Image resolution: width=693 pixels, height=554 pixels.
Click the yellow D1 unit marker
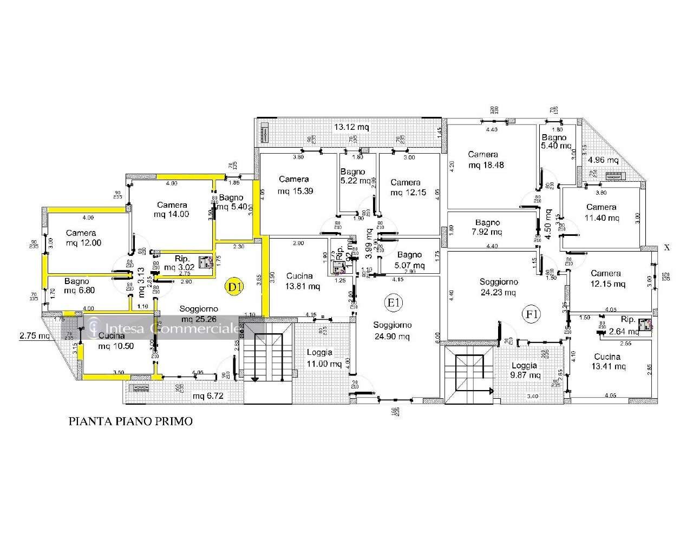234,287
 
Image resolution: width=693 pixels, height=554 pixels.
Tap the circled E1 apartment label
393,302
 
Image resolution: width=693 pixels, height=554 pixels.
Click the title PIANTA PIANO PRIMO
130,421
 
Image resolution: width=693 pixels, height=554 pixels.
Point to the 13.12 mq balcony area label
351,127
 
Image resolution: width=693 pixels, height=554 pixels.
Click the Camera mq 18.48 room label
486,160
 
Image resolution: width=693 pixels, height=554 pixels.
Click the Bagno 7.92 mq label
487,227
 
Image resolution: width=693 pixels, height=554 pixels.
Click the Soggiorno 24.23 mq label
498,287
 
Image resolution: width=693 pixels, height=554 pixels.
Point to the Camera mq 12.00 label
84,238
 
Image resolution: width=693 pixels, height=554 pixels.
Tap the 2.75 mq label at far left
34,335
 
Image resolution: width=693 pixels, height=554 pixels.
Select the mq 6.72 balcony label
208,396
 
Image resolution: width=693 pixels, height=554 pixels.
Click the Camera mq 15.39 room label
294,185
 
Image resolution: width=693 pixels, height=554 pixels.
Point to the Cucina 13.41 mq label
610,361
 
